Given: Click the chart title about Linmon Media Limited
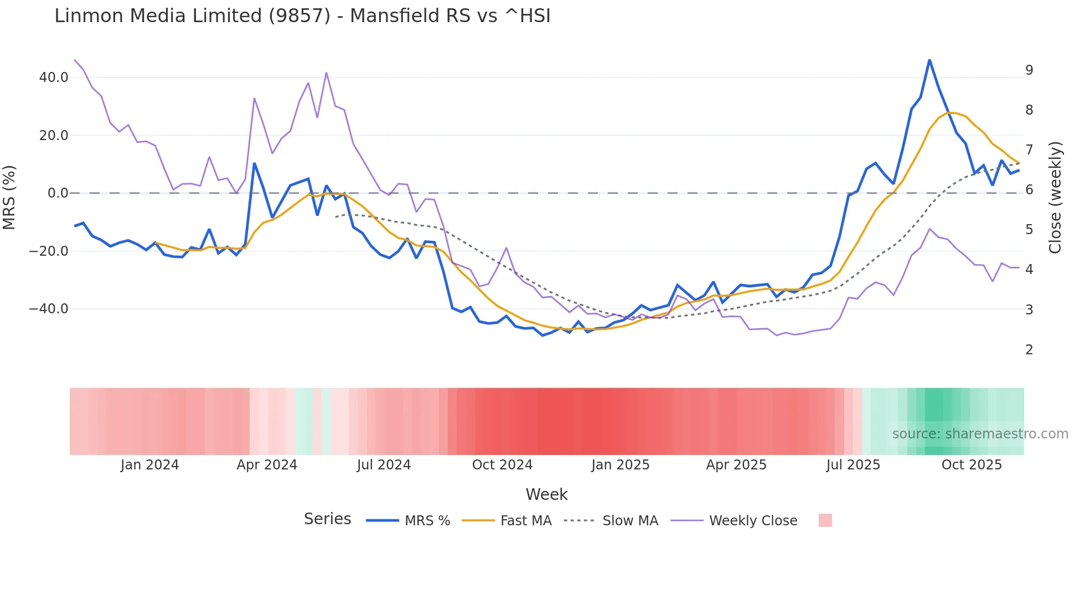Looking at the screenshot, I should point(302,16).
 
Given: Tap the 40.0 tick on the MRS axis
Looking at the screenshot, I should point(54,77).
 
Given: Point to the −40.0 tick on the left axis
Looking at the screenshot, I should point(49,309).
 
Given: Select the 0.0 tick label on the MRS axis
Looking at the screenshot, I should point(58,193).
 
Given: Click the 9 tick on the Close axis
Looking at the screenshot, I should point(1029,70).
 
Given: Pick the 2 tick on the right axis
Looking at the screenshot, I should point(1029,350).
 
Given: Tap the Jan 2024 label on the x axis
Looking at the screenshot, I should point(149,465).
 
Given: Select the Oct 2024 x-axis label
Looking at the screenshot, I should point(502,465).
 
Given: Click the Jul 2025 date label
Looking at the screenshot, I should point(853,465).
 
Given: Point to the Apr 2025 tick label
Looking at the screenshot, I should point(736,465).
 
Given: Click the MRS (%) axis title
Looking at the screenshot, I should point(9,198).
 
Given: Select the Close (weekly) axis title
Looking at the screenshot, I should point(1055,198).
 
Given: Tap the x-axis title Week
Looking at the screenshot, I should point(546,494).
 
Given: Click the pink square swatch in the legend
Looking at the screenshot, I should point(825,520).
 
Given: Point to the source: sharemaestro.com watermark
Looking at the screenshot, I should point(980,434).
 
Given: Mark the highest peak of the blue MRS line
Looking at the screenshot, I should point(929,60).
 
